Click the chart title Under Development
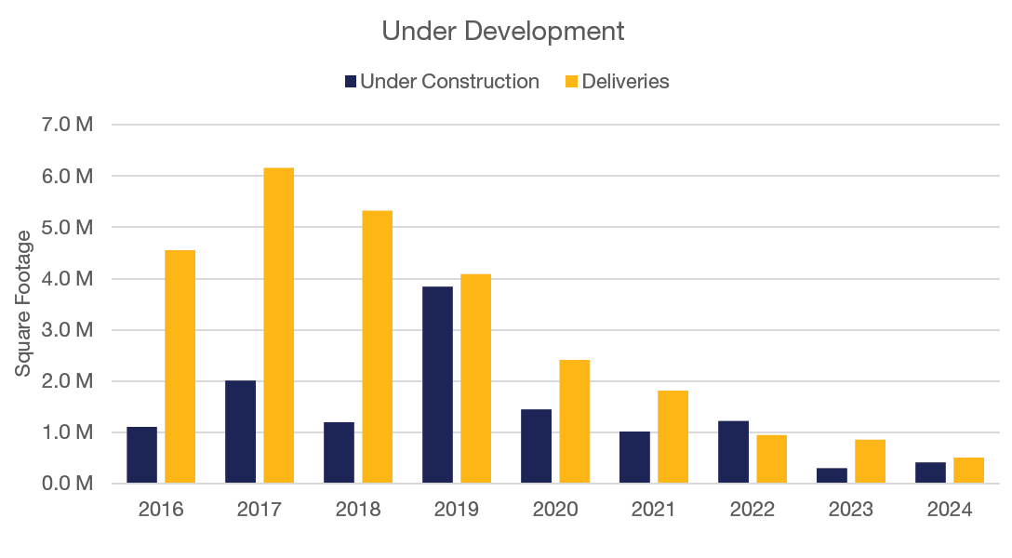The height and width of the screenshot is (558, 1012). tap(503, 31)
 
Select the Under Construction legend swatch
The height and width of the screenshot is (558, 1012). tap(351, 82)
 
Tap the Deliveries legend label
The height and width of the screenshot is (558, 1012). tap(625, 82)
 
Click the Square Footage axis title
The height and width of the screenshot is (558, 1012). tap(23, 310)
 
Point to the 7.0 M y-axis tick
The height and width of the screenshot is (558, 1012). tap(64, 125)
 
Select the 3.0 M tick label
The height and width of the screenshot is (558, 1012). tap(64, 330)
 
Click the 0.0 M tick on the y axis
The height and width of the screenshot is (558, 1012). tap(64, 484)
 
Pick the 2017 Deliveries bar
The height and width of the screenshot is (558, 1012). tap(278, 325)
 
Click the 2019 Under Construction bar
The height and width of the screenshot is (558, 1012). tap(437, 385)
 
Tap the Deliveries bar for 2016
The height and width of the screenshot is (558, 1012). tap(180, 366)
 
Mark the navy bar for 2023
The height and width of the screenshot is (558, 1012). tap(832, 475)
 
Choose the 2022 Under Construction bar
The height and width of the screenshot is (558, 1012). tap(733, 452)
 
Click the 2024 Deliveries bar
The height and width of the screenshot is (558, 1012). tap(968, 471)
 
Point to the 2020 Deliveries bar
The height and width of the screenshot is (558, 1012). tap(574, 421)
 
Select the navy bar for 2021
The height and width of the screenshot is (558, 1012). tap(634, 458)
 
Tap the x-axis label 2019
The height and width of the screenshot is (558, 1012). tap(456, 511)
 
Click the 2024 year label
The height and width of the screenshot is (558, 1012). tap(949, 511)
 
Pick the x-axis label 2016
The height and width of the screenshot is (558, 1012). tap(160, 511)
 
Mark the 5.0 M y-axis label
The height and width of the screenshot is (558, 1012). tap(64, 228)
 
